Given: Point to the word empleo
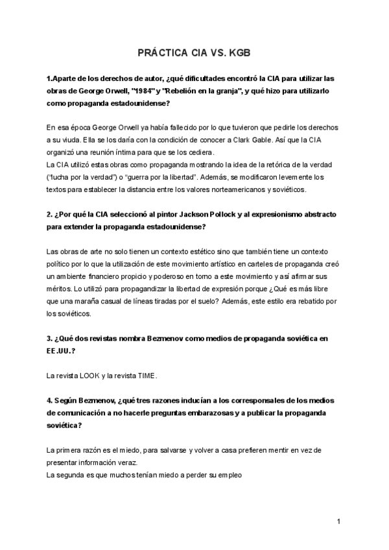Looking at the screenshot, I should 229,474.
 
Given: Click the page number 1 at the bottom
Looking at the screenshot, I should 338,521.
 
